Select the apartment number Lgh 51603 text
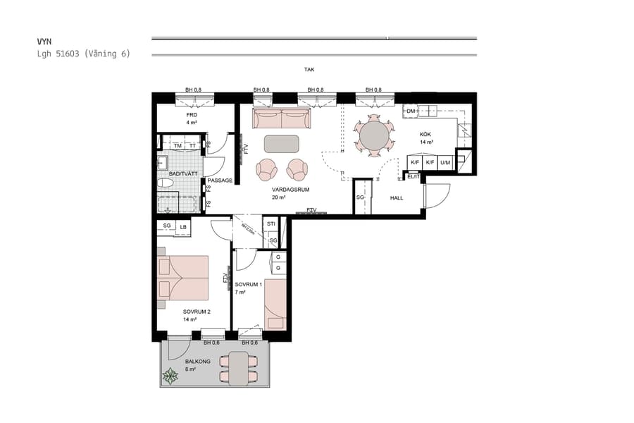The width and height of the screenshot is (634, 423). tap(83, 54)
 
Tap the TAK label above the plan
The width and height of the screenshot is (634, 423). tap(309, 70)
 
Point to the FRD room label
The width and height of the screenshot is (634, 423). tap(191, 115)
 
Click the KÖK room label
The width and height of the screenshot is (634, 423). tap(425, 134)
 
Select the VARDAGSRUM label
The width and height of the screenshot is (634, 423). tap(291, 190)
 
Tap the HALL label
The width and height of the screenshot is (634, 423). tap(397, 198)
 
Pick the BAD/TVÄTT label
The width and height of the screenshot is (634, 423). tap(182, 173)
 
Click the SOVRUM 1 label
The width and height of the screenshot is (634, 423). tap(249, 284)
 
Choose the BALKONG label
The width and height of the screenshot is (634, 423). tap(188, 361)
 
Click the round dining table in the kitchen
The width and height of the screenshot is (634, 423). tap(373, 134)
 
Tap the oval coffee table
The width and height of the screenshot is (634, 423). tap(282, 144)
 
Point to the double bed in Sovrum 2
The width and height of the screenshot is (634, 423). tap(184, 278)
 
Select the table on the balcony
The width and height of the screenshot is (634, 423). tap(239, 368)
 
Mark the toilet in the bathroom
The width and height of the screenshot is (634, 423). tap(166, 183)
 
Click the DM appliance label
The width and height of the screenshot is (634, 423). tap(411, 111)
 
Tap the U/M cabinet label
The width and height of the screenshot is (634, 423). tap(445, 162)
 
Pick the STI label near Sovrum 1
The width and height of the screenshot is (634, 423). tap(271, 225)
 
